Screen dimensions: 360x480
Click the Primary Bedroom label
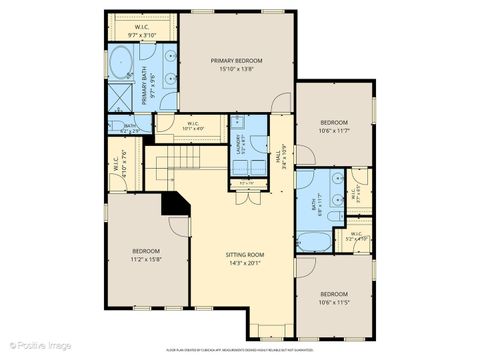[x=236, y=62]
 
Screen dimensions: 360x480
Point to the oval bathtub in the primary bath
[x=120, y=61]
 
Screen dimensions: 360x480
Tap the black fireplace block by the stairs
[x=176, y=202]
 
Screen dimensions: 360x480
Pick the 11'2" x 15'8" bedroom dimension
[x=146, y=259]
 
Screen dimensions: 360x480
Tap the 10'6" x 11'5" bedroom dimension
[x=334, y=301]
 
